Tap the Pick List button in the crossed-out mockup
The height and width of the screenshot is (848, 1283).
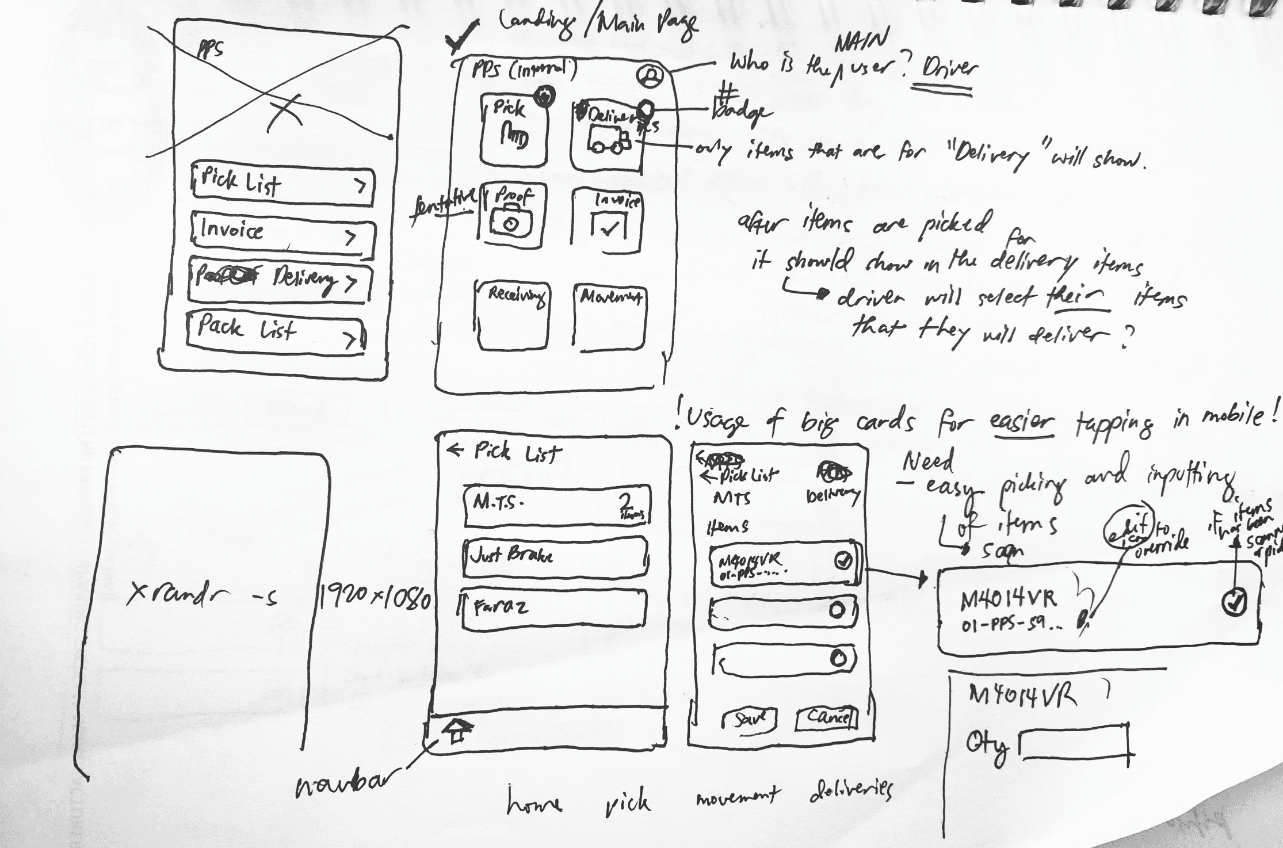click(282, 185)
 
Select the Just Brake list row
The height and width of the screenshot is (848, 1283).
click(555, 557)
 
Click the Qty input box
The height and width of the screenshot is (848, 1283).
click(1074, 746)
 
